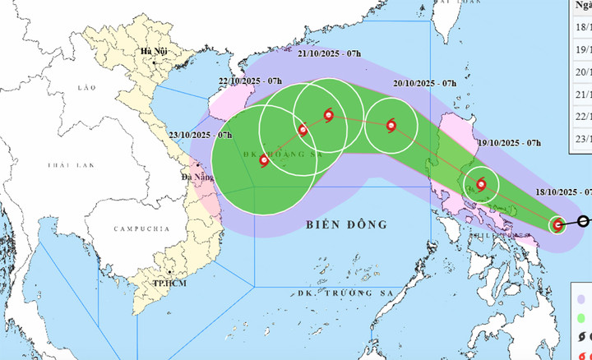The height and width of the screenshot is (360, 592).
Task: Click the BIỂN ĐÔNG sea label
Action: coord(345,224)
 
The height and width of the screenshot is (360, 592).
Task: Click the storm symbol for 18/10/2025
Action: coord(557,224)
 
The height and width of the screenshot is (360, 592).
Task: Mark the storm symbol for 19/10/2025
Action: coord(480,184)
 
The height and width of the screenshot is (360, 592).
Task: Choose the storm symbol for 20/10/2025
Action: coord(391,126)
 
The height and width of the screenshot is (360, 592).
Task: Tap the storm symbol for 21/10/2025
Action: coord(329,116)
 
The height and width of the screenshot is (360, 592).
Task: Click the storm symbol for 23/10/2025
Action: coord(264,161)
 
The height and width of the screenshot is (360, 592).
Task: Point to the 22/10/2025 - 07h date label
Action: coord(251,81)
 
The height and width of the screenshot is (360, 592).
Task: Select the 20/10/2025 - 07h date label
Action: coord(425,84)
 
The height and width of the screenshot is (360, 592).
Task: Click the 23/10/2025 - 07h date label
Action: coord(201,135)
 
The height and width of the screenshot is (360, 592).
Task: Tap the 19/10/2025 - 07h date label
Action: coord(508,143)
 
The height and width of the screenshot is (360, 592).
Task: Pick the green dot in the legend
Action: coord(581,318)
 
